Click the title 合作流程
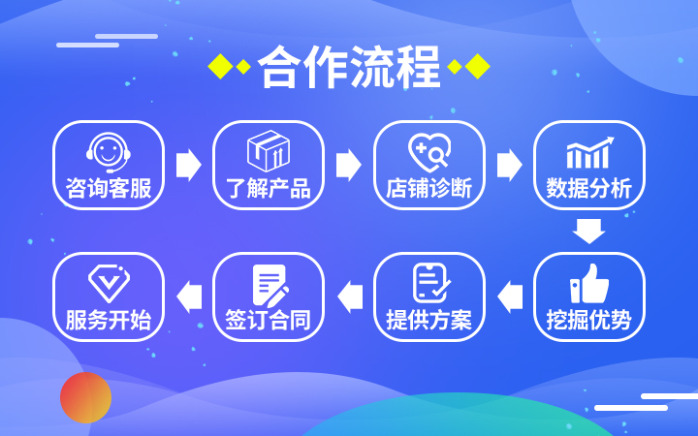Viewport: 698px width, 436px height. (x=349, y=67)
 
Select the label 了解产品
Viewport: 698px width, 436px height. (x=269, y=188)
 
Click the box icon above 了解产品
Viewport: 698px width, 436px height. (x=269, y=151)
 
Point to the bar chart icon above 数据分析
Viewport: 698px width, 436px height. (x=588, y=153)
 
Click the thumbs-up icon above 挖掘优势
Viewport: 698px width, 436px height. (x=588, y=283)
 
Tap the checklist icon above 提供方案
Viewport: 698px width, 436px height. (x=428, y=282)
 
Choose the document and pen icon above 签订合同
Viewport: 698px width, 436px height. (x=269, y=284)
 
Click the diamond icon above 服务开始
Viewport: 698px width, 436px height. (x=108, y=282)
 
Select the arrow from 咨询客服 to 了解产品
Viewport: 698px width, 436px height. (x=188, y=165)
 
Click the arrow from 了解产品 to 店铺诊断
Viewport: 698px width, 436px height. (x=348, y=165)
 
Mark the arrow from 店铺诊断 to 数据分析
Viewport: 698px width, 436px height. (x=509, y=165)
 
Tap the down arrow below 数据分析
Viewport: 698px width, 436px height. (x=588, y=231)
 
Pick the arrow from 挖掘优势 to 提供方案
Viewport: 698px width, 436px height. (x=509, y=296)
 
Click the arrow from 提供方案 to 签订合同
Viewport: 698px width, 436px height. (x=348, y=296)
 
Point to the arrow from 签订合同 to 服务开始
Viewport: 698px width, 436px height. (x=188, y=296)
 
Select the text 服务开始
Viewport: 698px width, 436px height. (x=108, y=320)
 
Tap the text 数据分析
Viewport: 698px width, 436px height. (x=588, y=188)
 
